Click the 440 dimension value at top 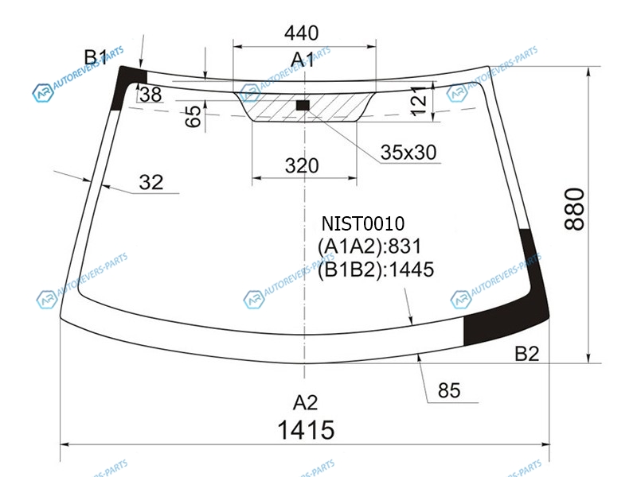[302, 33]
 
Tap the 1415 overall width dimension [306, 430]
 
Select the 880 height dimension [574, 209]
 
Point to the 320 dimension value [302, 165]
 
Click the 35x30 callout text [408, 153]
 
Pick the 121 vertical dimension [419, 101]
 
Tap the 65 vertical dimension [193, 116]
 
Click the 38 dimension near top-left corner [150, 95]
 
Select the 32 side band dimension [151, 182]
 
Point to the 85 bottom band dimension [449, 390]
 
